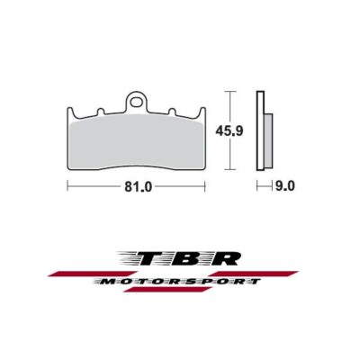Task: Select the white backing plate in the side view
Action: (260, 130)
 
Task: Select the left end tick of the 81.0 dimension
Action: (67, 188)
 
